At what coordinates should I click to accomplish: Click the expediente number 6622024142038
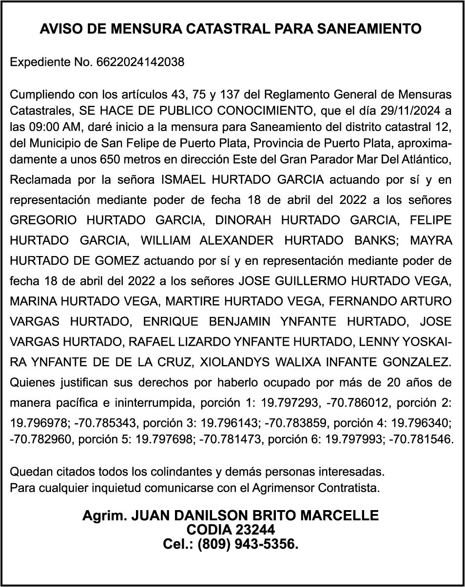click(x=140, y=62)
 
